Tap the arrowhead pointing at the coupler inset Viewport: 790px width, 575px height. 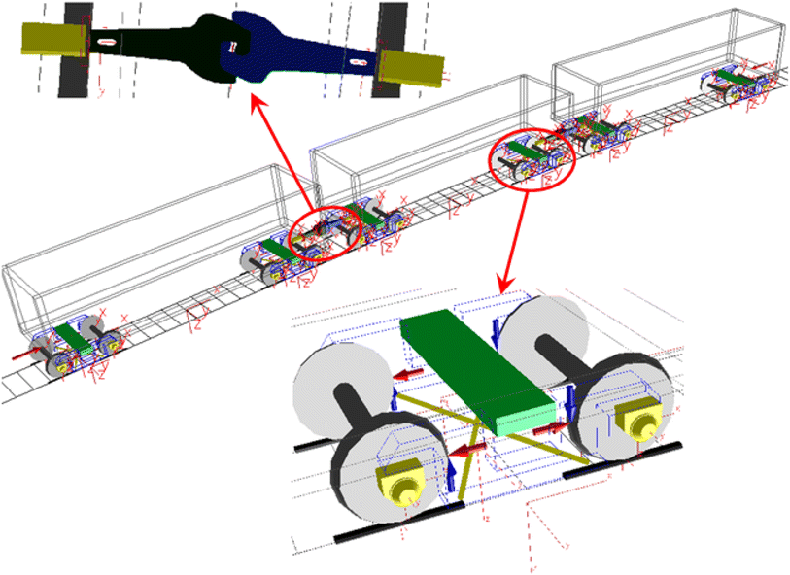pyautogui.click(x=254, y=97)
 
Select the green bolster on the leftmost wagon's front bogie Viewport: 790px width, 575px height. pyautogui.click(x=74, y=333)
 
